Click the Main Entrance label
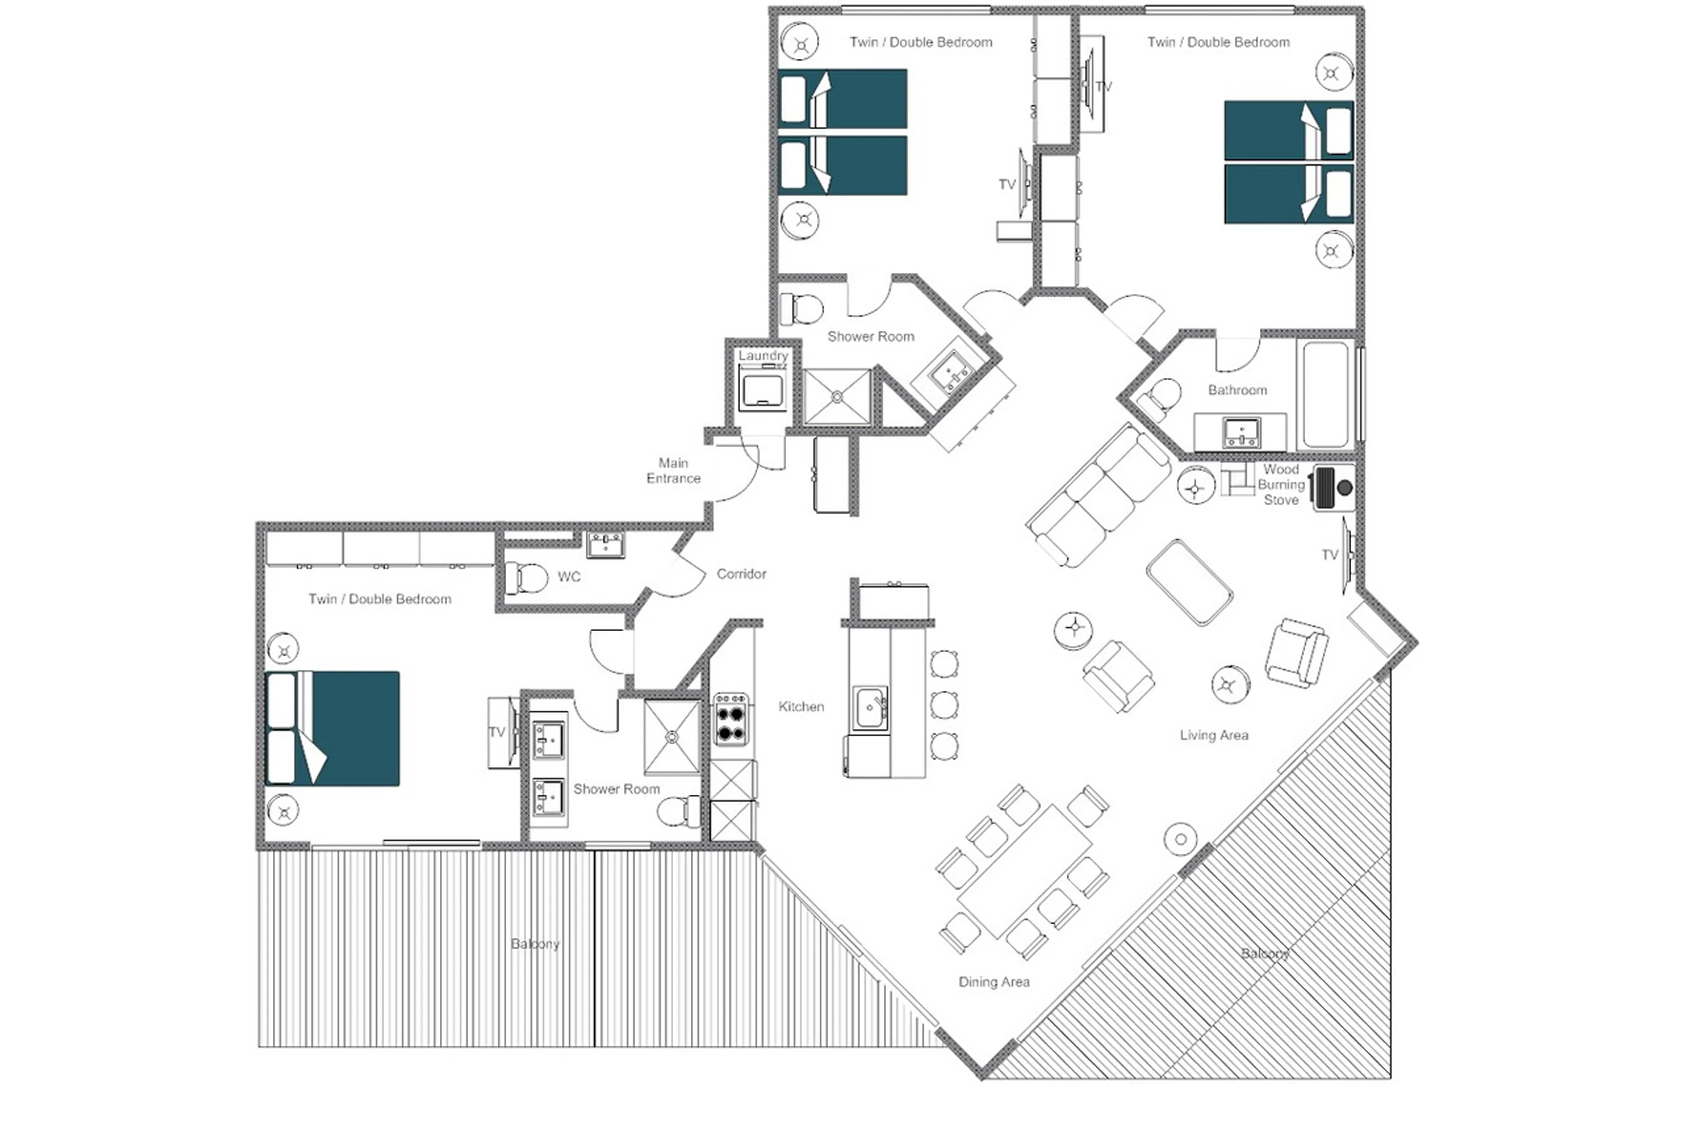[x=673, y=470]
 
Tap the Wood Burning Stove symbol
[x=1334, y=488]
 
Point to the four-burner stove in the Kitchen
[x=731, y=719]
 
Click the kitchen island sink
[x=870, y=708]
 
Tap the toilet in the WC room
[x=525, y=578]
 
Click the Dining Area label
[x=993, y=982]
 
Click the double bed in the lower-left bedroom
[x=333, y=728]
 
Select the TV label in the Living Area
[x=1329, y=555]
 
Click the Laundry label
[x=763, y=355]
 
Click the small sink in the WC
[x=605, y=545]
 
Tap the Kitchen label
[x=801, y=706]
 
